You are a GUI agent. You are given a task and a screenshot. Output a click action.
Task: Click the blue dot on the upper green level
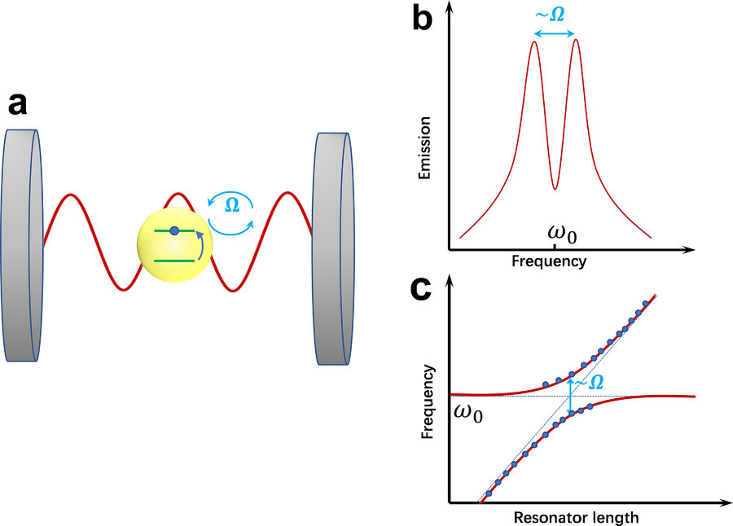[x=174, y=232]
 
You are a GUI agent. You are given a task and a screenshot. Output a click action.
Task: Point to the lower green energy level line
[x=173, y=261]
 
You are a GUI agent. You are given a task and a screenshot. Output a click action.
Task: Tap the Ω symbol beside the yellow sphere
[x=231, y=206]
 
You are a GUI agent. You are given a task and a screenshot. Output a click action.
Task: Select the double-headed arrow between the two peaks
[x=554, y=34]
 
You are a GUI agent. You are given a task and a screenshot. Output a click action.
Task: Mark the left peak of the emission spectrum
[x=533, y=43]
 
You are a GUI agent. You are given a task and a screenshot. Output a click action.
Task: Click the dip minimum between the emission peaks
[x=555, y=188]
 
